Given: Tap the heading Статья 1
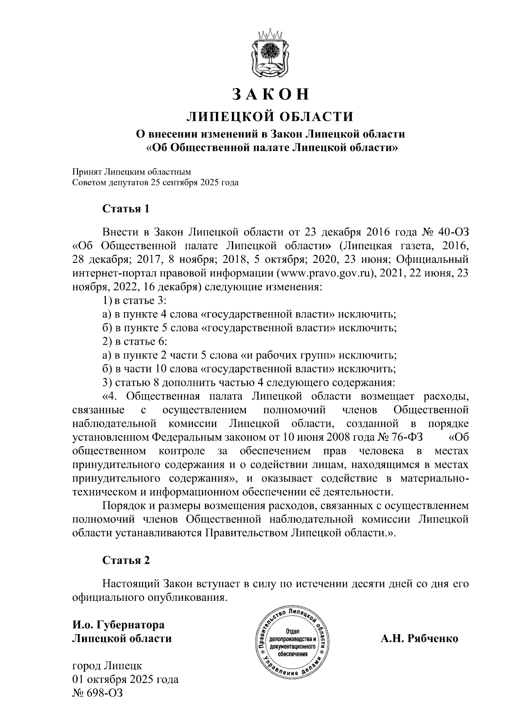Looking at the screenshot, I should pyautogui.click(x=126, y=209).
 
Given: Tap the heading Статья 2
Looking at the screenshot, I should pyautogui.click(x=126, y=560).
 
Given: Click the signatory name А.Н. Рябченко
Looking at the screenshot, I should pyautogui.click(x=419, y=638).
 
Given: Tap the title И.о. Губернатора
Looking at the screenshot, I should pyautogui.click(x=118, y=625).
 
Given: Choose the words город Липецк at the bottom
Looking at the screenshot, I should pyautogui.click(x=107, y=666).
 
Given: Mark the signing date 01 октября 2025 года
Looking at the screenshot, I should pyautogui.click(x=125, y=679).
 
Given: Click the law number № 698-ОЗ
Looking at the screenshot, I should pyautogui.click(x=98, y=693).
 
